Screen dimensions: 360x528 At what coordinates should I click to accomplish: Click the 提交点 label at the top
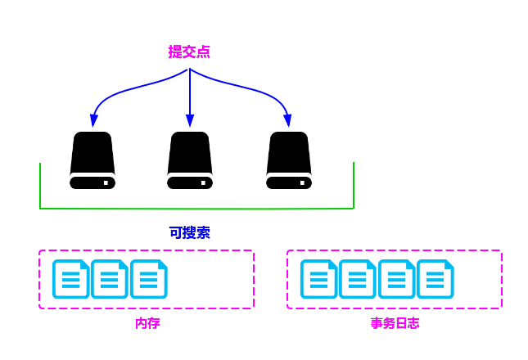coord(189,52)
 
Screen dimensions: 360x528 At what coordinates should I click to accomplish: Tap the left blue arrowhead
coord(94,121)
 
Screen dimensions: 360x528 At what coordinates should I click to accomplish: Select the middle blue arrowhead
coord(190,121)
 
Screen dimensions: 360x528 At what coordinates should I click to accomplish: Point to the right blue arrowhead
coord(287,121)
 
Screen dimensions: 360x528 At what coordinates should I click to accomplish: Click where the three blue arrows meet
coord(190,70)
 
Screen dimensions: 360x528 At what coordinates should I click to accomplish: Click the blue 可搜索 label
coord(190,232)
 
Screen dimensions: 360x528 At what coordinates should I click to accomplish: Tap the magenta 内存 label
coord(147,323)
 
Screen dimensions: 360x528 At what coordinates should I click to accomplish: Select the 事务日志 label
coord(395,323)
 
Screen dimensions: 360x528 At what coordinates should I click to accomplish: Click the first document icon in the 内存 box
coord(70,279)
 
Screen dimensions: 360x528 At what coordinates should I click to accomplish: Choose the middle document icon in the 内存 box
coord(110,279)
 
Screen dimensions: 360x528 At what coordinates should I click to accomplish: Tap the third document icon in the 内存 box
coord(149,279)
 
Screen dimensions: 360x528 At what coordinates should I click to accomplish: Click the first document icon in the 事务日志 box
coord(318,279)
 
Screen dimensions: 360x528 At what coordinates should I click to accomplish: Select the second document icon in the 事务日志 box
coord(357,279)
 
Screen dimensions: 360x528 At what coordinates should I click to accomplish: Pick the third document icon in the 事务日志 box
coord(396,279)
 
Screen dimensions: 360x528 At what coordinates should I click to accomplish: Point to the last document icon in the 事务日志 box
coord(435,279)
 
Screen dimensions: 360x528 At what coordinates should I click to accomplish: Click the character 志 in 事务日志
coord(413,323)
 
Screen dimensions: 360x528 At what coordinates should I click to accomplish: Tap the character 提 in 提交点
coord(175,52)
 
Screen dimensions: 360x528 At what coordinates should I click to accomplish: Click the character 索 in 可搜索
coord(203,232)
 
